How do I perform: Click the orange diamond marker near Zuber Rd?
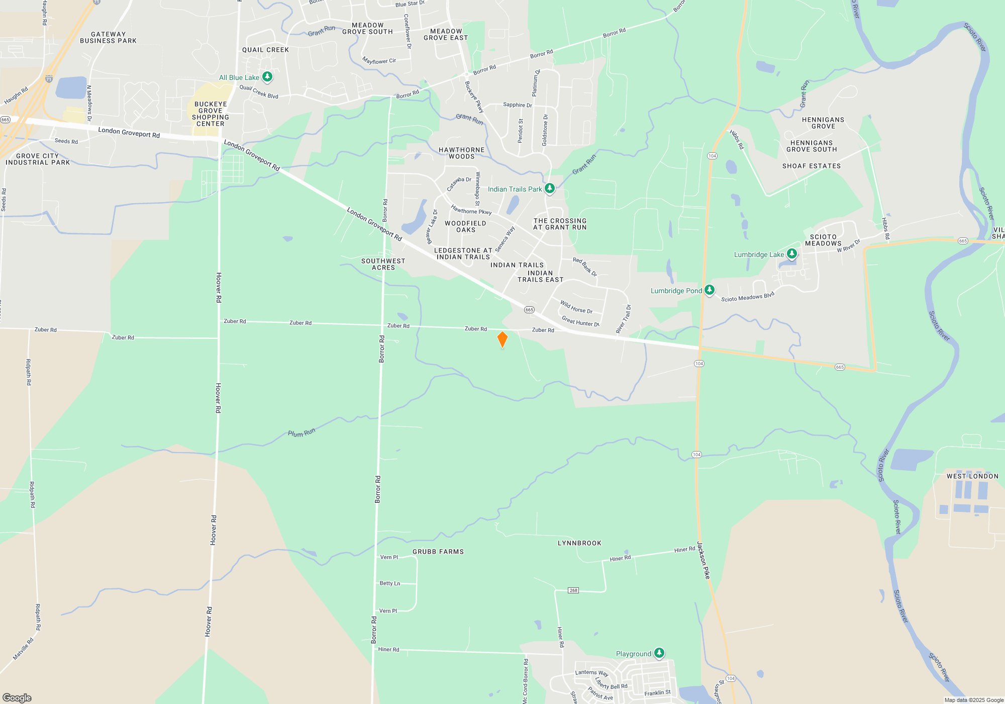[502, 339]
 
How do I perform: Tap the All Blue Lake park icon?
[267, 77]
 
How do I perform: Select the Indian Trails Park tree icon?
[550, 189]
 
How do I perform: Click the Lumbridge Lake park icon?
[792, 254]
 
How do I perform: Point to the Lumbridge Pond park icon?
[710, 290]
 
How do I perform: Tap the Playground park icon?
[659, 653]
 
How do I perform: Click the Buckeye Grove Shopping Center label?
[211, 114]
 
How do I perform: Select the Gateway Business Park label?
[108, 38]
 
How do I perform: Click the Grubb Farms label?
[438, 552]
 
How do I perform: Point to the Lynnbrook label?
[579, 543]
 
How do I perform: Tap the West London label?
[972, 476]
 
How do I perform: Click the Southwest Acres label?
[383, 265]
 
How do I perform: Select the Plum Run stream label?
[301, 433]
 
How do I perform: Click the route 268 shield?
[573, 590]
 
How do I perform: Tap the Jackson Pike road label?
[704, 560]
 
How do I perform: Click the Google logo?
[17, 697]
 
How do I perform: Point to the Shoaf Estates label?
[812, 166]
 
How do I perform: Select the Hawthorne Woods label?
[461, 153]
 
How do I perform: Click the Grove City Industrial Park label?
[38, 159]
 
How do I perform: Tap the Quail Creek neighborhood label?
[265, 50]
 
